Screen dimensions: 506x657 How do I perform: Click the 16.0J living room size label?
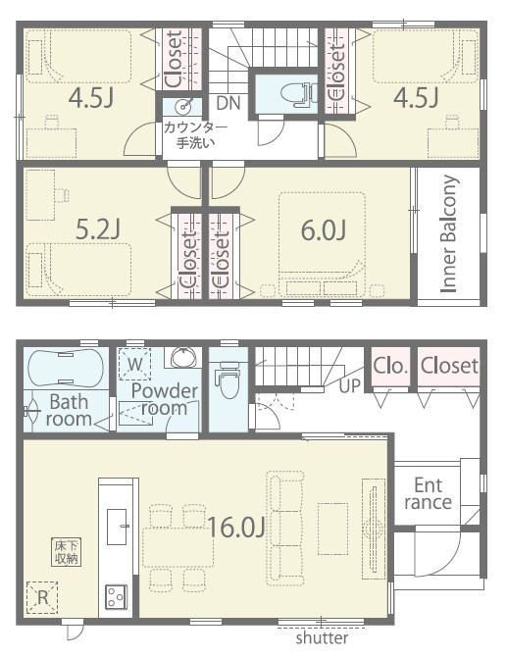coord(235,527)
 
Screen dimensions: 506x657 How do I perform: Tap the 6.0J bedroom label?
coord(324,229)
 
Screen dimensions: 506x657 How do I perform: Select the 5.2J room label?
coord(98,229)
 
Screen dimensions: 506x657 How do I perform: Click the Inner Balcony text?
coord(448,233)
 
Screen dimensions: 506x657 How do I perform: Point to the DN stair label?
coord(228,103)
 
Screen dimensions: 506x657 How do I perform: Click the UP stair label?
coord(350,386)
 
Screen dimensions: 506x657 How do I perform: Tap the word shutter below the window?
coord(322,638)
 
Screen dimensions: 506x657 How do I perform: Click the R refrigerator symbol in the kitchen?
coord(42,597)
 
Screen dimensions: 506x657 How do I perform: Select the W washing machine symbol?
coord(135,364)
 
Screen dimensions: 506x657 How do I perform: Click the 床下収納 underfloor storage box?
coord(66,552)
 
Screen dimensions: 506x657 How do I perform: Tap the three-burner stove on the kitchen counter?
coord(116,597)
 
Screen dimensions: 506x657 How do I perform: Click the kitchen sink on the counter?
coord(118,527)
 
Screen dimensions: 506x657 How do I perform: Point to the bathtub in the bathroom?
coord(65,369)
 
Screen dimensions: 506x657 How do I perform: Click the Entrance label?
coord(429,494)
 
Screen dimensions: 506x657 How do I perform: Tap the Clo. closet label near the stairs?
coord(390,366)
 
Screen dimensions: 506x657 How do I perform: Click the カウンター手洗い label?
coord(195,135)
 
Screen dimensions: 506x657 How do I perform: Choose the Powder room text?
coord(164,399)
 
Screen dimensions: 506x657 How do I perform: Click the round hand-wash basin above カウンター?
coord(183,107)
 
